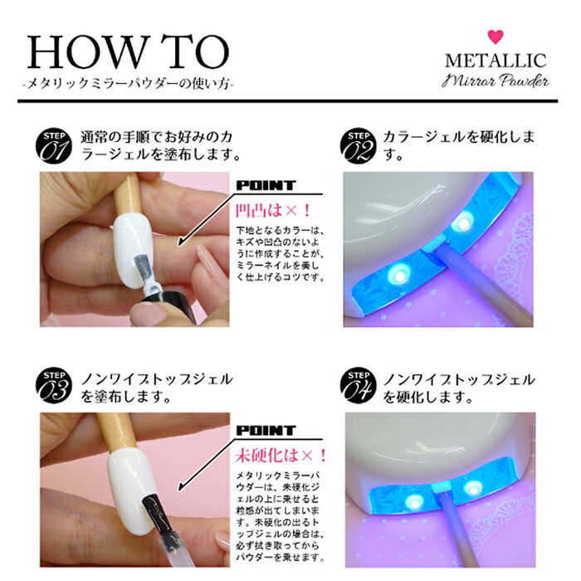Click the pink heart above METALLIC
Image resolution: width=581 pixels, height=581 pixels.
[x=496, y=37]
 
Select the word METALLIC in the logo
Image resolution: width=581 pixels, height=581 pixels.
[x=496, y=61]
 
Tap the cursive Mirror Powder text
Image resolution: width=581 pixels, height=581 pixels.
[x=495, y=81]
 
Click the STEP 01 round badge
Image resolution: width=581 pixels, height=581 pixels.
[x=54, y=146]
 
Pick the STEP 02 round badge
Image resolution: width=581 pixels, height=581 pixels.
[x=358, y=146]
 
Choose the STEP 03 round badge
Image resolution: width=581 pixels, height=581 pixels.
[x=54, y=386]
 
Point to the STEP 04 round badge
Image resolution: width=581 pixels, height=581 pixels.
[x=358, y=386]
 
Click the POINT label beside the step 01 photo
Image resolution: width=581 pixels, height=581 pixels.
[x=266, y=185]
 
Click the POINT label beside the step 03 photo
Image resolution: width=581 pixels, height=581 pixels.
[x=266, y=431]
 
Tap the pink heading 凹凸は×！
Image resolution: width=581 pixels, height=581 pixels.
[x=273, y=211]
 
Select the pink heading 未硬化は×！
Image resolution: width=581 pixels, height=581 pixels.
[x=281, y=456]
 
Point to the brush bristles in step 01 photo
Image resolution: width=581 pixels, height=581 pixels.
[x=140, y=266]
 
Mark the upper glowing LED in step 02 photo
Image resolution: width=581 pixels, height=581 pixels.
[x=463, y=222]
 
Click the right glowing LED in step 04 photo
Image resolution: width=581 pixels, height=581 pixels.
[x=472, y=488]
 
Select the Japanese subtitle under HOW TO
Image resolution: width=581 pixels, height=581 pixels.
[x=128, y=84]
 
